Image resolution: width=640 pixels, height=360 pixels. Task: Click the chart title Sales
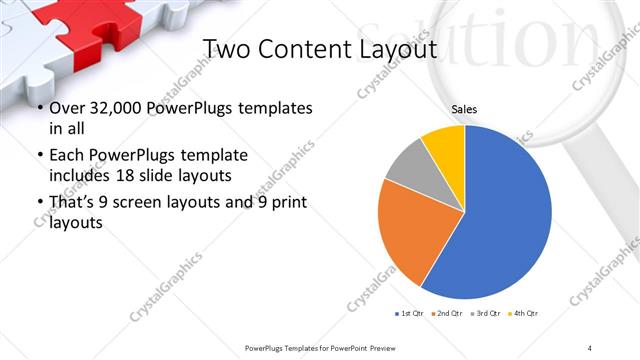(x=464, y=109)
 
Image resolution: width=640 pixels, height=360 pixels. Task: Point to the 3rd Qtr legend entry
(x=487, y=314)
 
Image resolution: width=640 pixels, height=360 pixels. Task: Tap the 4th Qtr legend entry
(x=524, y=314)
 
